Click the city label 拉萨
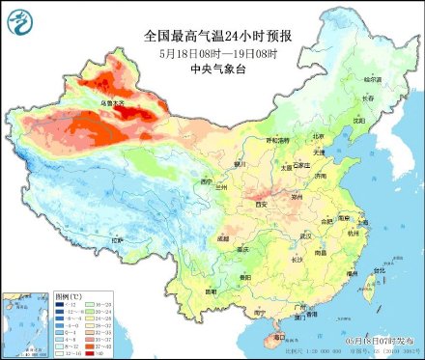tap(117, 239)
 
